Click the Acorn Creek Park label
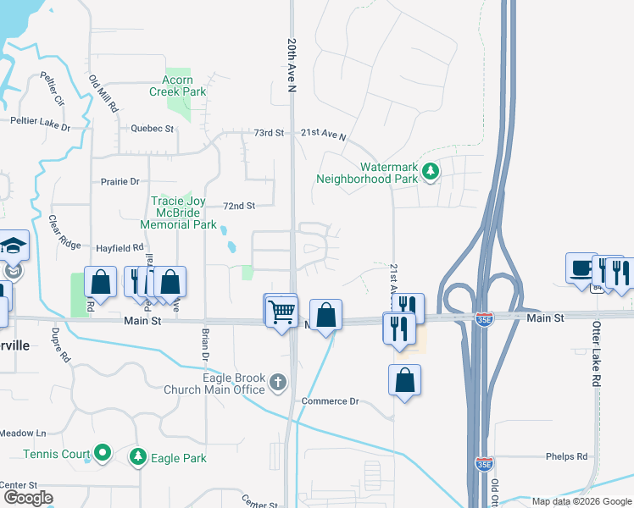[178, 86]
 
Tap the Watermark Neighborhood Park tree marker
[431, 172]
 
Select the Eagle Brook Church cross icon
[277, 384]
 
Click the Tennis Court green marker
[103, 454]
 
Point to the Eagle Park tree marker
[137, 458]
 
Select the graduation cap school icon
[14, 246]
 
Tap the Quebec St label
[153, 129]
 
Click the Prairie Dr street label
[120, 181]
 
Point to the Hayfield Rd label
[120, 248]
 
